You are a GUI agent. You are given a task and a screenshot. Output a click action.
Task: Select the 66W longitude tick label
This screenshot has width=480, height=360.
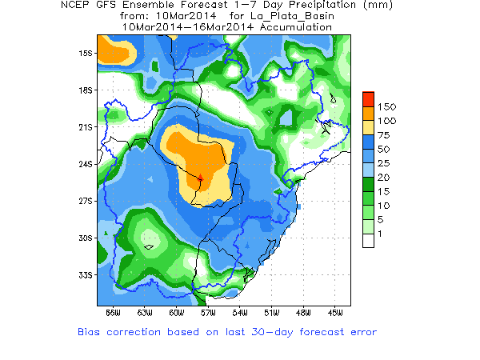click(x=113, y=311)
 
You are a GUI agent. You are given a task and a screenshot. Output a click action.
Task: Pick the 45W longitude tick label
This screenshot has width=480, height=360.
click(x=335, y=311)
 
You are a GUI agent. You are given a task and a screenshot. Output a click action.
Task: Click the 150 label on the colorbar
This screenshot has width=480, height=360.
click(x=387, y=106)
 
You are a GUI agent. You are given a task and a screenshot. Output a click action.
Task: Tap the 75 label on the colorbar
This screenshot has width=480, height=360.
click(x=384, y=134)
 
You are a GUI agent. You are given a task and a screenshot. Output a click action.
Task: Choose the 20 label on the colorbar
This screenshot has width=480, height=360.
click(x=384, y=177)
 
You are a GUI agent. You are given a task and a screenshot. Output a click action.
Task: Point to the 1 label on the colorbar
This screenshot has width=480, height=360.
click(x=381, y=233)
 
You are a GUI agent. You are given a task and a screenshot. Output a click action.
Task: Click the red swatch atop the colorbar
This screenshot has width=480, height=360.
click(x=368, y=98)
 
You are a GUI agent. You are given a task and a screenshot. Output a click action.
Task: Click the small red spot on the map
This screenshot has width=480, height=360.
click(x=201, y=177)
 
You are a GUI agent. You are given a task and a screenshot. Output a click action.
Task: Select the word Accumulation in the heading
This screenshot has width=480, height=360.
click(x=294, y=26)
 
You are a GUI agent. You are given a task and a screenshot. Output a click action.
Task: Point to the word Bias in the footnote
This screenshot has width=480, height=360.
click(x=90, y=331)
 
